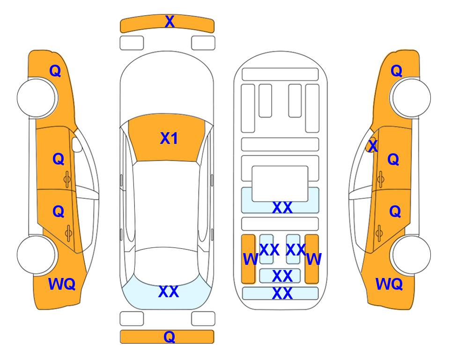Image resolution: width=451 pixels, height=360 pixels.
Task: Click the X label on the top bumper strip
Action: pos(170,22)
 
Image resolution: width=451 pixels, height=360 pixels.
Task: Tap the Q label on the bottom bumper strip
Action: pos(170,337)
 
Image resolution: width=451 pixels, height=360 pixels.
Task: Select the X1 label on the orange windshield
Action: pos(169,138)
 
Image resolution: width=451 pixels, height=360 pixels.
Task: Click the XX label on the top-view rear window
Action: pos(169,292)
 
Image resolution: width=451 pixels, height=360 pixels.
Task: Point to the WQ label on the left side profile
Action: pos(62,284)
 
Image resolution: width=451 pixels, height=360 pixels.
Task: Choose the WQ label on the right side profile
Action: pos(389,284)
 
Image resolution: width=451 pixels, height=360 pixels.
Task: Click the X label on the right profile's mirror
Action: pos(373,145)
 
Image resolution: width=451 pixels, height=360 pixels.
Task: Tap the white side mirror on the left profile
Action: pos(77,144)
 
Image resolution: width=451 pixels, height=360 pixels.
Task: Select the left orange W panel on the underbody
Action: pos(248,259)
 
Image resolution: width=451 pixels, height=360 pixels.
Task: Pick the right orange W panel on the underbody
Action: pos(312,259)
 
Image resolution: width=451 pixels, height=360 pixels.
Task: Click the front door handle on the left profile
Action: pos(67,180)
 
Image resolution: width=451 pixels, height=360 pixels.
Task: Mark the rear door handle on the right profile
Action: pos(379,233)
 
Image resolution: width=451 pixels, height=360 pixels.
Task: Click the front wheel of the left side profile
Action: pos(37,98)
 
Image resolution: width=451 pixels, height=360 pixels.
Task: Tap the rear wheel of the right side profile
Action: pos(411,255)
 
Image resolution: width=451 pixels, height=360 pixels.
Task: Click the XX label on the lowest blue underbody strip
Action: pos(282,293)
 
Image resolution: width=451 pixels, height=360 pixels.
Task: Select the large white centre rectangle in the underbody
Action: pos(280,184)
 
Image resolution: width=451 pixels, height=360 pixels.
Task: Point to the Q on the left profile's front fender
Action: pos(55,71)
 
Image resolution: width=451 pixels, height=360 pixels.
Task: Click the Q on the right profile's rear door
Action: pos(395,212)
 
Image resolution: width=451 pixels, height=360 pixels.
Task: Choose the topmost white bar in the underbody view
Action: pos(280,75)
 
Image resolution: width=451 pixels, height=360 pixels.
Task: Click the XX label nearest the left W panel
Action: pos(269,250)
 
